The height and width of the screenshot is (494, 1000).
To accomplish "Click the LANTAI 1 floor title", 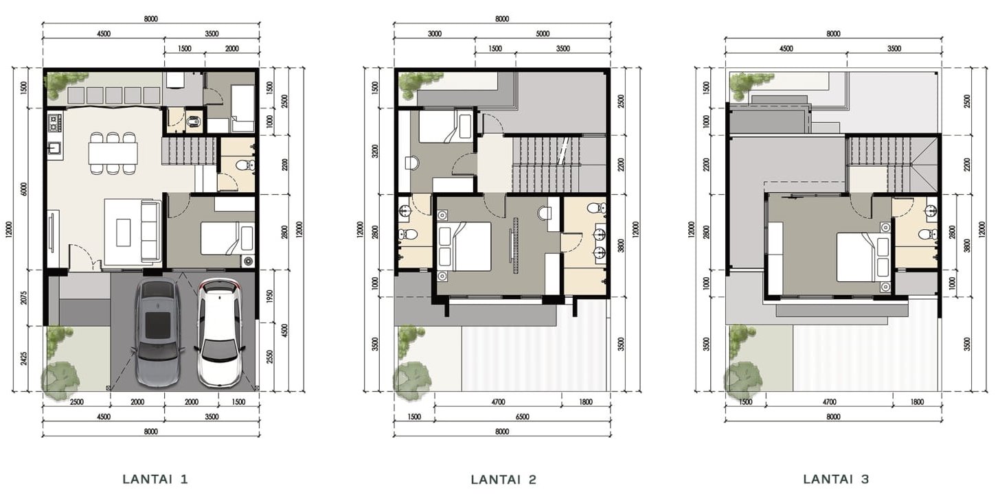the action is click(155, 480).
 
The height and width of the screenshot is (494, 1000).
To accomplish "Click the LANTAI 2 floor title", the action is click(503, 480).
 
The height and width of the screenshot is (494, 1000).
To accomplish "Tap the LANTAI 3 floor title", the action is click(836, 480).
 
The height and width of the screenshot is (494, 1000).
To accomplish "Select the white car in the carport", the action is click(220, 333).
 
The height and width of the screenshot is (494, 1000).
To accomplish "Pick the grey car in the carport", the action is click(158, 333).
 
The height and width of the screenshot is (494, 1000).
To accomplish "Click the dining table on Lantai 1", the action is click(113, 153).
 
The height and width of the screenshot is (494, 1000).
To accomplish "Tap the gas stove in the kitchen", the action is click(55, 123).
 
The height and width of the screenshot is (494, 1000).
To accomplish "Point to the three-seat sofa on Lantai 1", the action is click(151, 231).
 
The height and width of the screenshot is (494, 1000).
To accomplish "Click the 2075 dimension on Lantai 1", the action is click(24, 298).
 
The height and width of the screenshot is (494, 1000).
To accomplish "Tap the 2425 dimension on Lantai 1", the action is click(24, 358).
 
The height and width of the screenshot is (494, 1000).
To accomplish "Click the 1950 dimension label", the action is click(269, 296).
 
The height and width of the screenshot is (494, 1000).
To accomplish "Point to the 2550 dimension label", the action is click(269, 357).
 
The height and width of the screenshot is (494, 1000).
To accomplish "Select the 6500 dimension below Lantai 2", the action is click(522, 417).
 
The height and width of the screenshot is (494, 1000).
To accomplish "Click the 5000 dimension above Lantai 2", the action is click(543, 34).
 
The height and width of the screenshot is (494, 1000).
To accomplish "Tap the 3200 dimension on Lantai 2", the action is click(375, 151).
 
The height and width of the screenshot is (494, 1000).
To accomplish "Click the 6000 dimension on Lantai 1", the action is click(24, 189).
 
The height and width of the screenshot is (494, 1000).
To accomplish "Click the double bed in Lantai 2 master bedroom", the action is click(464, 246).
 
